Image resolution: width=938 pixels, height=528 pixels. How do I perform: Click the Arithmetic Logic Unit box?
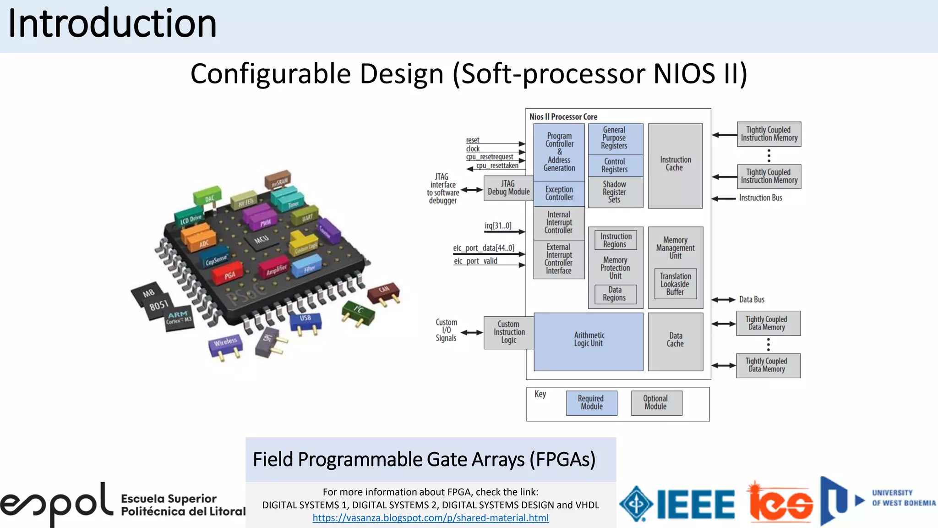tap(589, 341)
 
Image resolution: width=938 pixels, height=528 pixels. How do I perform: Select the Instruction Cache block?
tap(675, 165)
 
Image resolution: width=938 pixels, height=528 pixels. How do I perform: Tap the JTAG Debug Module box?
tap(508, 188)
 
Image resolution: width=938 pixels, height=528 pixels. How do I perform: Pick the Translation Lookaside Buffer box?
tap(675, 284)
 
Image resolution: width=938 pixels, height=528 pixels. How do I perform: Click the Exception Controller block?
tap(559, 193)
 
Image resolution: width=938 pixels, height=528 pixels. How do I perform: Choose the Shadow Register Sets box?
tap(615, 192)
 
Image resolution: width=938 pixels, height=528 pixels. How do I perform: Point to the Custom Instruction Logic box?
tap(509, 332)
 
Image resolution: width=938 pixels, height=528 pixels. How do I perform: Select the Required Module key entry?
tap(591, 403)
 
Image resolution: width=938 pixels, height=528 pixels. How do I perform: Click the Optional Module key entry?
tap(656, 403)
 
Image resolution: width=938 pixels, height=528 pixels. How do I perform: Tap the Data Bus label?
tap(752, 300)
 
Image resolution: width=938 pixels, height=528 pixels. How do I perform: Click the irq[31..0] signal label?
tap(498, 225)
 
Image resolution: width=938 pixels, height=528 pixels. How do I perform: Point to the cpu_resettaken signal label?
tap(497, 166)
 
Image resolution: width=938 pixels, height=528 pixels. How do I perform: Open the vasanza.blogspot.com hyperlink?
tap(431, 518)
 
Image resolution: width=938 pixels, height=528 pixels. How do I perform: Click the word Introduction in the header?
tap(112, 24)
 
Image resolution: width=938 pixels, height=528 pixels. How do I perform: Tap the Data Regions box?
tap(615, 294)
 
